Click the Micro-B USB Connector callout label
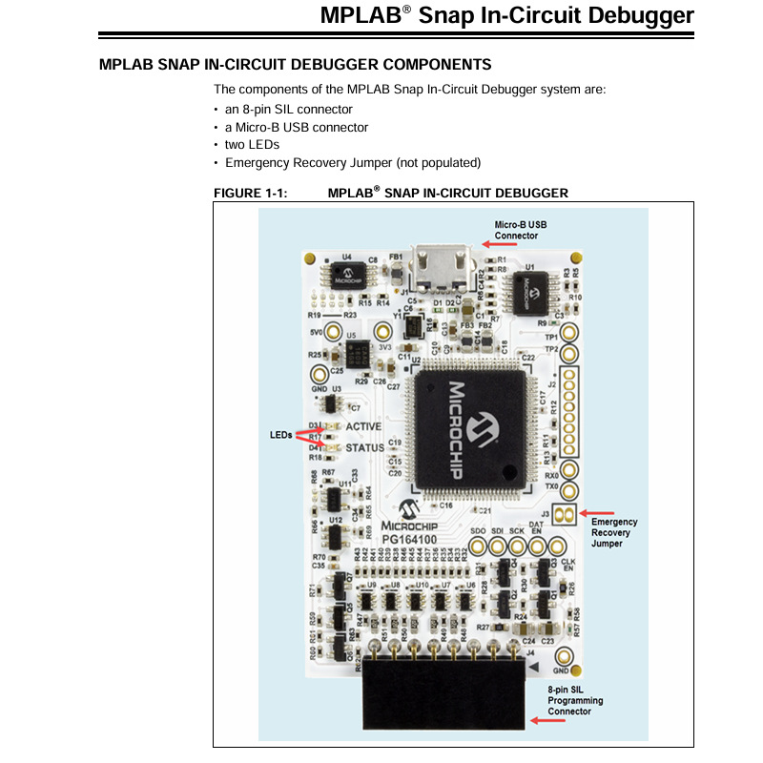[521, 230]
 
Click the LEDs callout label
[281, 434]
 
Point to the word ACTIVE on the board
[364, 426]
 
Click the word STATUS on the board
[364, 446]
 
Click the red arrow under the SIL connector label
[546, 721]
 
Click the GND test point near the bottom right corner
[563, 656]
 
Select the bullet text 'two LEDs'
[252, 145]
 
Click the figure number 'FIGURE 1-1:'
[251, 193]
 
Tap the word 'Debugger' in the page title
[642, 15]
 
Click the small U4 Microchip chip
[347, 276]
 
